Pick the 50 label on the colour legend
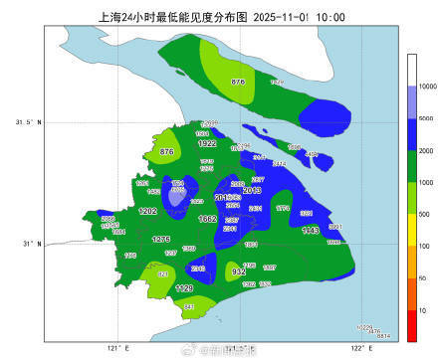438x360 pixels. pos(423,277)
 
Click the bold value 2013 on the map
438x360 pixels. pos(252,190)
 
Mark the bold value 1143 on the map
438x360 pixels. pos(310,230)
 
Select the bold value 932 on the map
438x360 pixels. pos(239,270)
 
